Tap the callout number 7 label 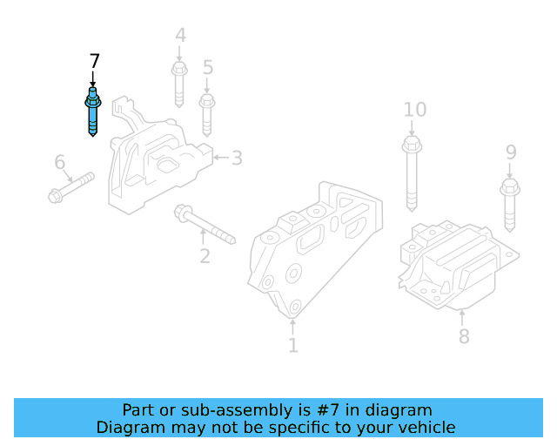coord(94,61)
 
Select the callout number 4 coord(180,36)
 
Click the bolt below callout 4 coord(179,84)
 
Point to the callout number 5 coord(207,67)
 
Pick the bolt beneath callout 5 coord(207,113)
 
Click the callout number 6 coord(59,162)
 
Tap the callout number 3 coord(236,158)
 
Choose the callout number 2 coord(205,256)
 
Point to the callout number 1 coord(292,346)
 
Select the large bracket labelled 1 coord(313,248)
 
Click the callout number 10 coord(414,110)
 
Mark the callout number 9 coord(511,153)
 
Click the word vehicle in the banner coord(424,427)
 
